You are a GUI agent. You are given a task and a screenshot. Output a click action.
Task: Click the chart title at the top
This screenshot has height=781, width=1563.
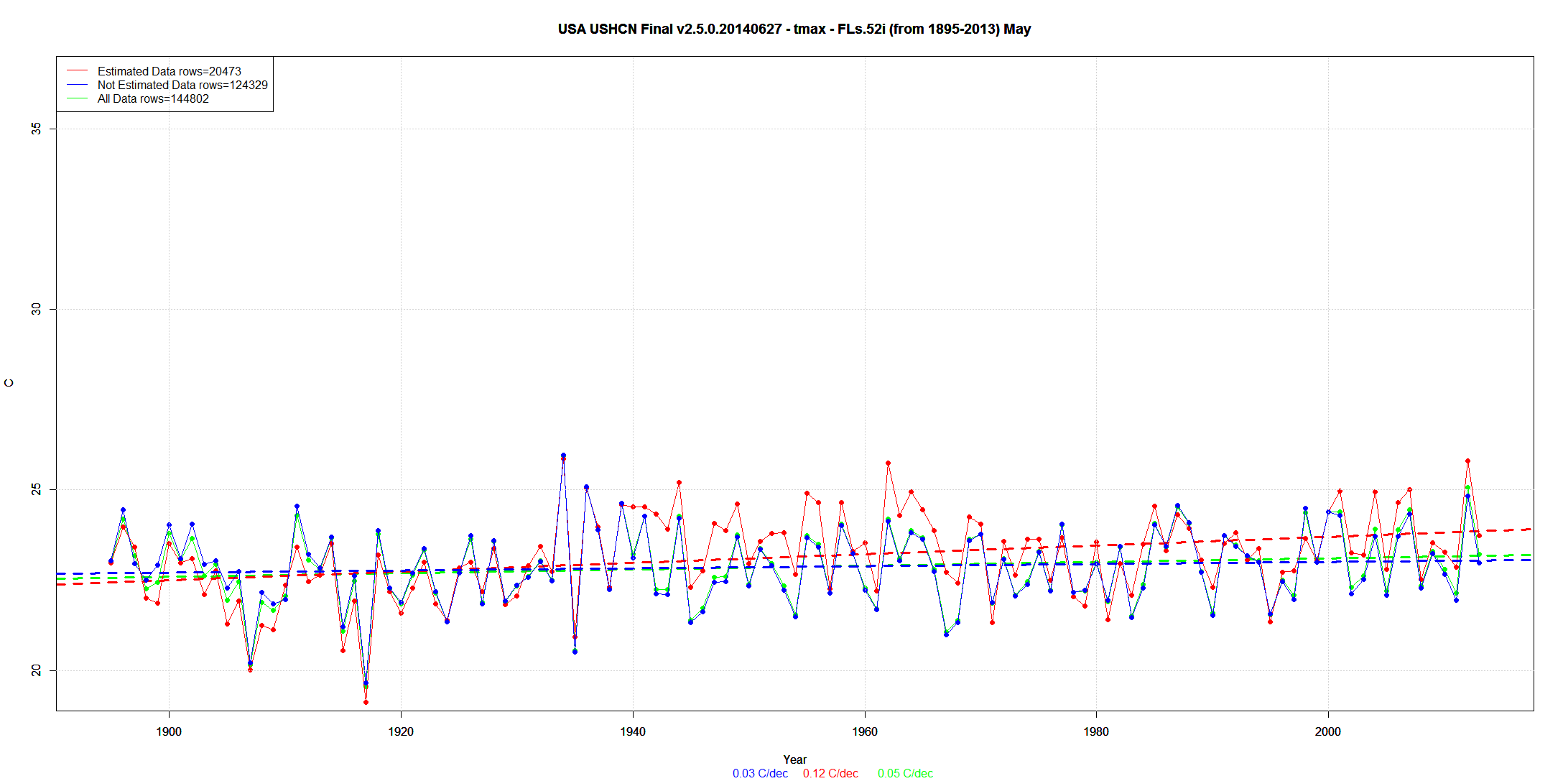pyautogui.click(x=794, y=29)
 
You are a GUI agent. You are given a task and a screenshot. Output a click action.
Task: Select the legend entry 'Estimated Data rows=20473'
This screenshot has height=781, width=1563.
pyautogui.click(x=169, y=71)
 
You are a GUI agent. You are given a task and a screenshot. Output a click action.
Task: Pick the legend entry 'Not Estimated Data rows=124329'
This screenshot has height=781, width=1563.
pyautogui.click(x=182, y=85)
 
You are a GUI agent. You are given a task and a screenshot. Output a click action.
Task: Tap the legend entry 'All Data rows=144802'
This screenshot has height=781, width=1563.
pyautogui.click(x=153, y=98)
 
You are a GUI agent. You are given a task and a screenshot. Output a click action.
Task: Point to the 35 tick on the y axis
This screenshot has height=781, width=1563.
pyautogui.click(x=37, y=128)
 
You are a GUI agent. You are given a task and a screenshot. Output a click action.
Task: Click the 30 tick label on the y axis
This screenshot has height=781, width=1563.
pyautogui.click(x=37, y=309)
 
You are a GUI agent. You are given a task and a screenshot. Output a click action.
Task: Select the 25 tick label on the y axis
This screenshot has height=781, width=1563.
pyautogui.click(x=37, y=489)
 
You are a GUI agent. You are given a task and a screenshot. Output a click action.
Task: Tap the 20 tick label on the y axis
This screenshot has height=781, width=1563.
pyautogui.click(x=37, y=670)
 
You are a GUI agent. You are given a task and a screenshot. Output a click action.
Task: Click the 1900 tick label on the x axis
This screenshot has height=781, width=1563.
pyautogui.click(x=169, y=731)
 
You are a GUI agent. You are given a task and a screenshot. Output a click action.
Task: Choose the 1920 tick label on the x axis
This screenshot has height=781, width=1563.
pyautogui.click(x=401, y=731)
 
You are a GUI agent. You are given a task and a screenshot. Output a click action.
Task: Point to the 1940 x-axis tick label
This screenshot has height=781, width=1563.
pyautogui.click(x=633, y=731)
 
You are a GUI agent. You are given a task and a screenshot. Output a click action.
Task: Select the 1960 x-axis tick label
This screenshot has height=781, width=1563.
pyautogui.click(x=865, y=731)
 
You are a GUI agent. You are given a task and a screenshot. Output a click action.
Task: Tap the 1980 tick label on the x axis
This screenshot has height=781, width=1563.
pyautogui.click(x=1096, y=731)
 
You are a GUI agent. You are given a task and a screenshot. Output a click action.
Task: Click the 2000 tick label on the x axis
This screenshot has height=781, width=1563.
pyautogui.click(x=1328, y=731)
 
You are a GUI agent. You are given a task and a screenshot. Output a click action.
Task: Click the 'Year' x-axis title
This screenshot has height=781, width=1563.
pyautogui.click(x=794, y=759)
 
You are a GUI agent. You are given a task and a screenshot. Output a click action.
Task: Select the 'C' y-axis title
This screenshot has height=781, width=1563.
pyautogui.click(x=9, y=383)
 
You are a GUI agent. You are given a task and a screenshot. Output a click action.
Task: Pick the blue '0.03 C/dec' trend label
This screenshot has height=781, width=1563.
pyautogui.click(x=760, y=773)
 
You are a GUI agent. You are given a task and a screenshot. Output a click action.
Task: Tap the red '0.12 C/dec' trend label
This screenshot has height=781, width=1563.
pyautogui.click(x=830, y=773)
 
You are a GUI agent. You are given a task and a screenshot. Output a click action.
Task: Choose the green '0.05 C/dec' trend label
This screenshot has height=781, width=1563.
pyautogui.click(x=905, y=773)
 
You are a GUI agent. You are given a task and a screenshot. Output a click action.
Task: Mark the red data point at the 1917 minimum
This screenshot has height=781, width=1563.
pyautogui.click(x=366, y=702)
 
